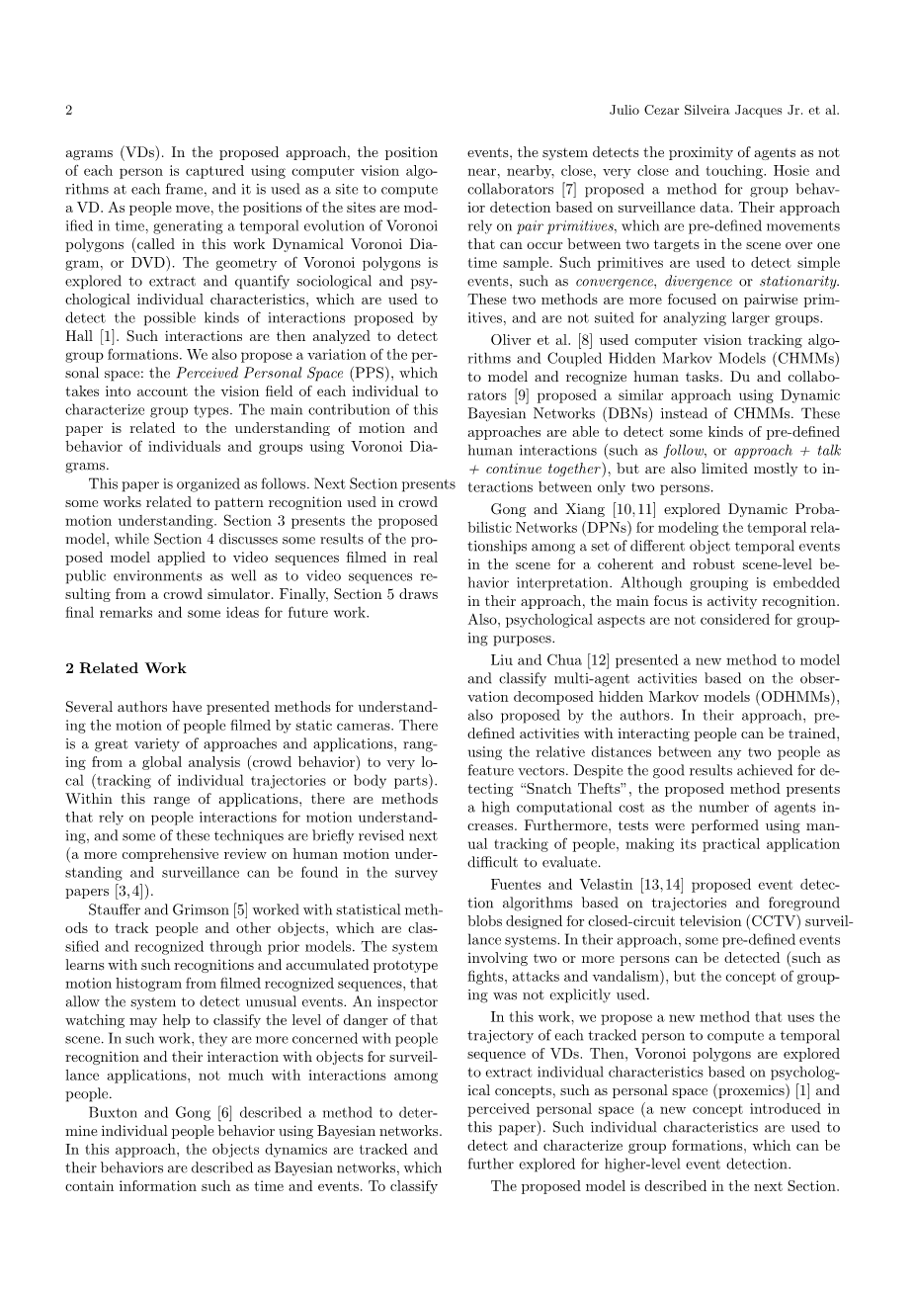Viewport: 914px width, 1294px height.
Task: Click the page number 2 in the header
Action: pos(68,110)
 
